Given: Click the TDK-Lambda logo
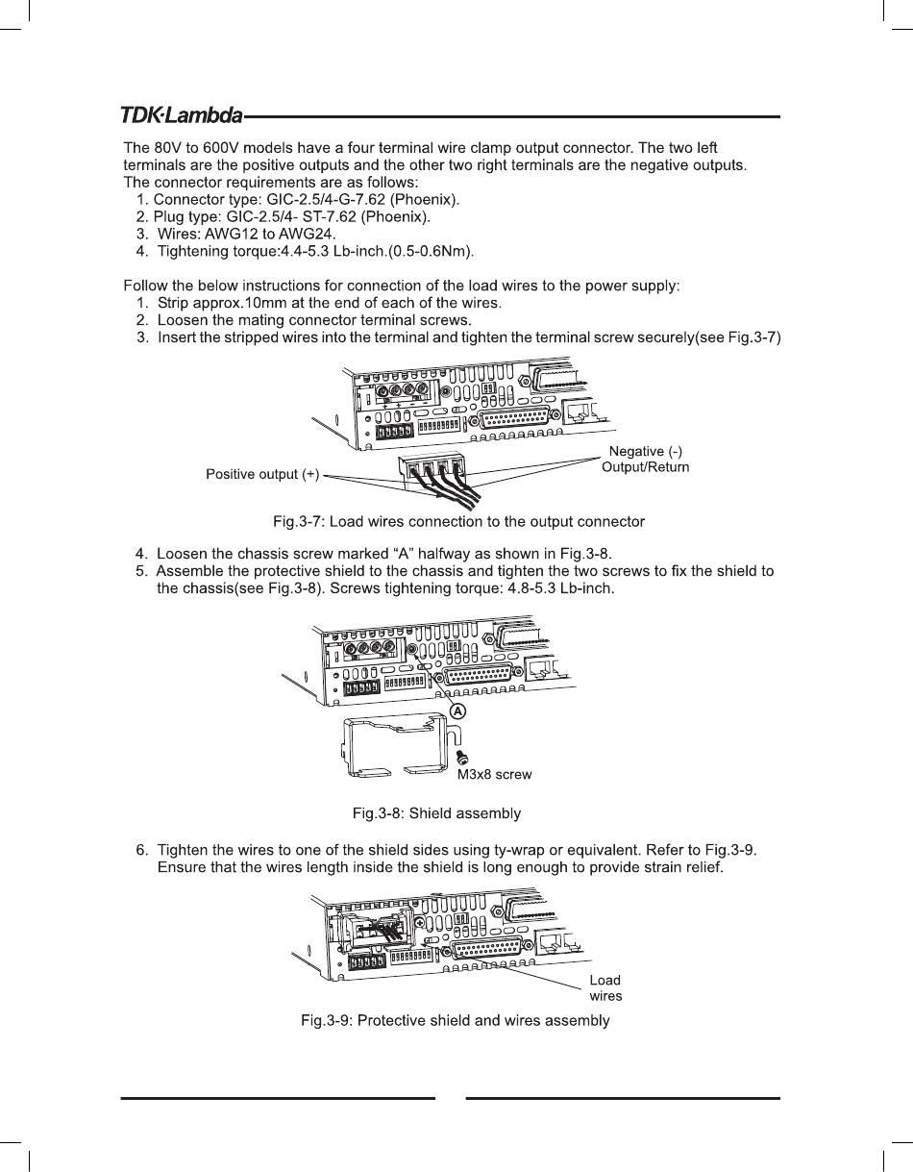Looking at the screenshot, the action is pos(181,116).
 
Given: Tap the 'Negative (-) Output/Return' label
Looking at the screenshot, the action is pos(645,460).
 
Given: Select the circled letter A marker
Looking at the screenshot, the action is pos(458,711).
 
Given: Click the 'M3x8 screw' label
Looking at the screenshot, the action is pos(494,774).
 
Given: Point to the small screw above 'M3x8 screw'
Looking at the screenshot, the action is pos(462,758).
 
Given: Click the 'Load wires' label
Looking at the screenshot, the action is pos(605,988).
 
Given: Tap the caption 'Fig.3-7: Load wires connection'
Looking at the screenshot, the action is pos(458,521).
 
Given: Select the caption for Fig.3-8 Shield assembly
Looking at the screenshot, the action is pos(436,813).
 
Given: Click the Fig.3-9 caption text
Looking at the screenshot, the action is pos(456,1020).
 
